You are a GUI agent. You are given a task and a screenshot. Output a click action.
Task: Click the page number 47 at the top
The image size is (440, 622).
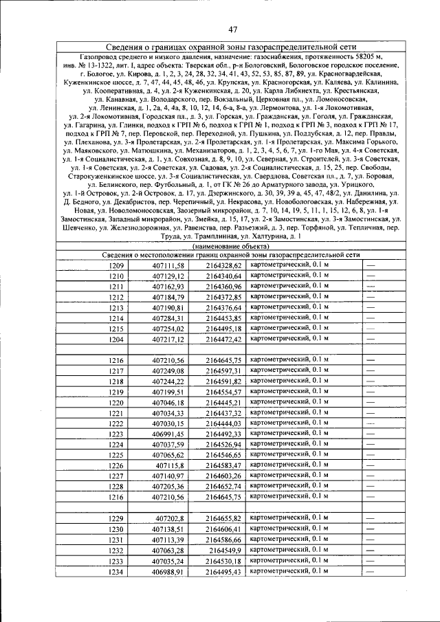tap(233, 28)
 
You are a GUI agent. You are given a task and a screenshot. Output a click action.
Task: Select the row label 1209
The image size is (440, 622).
tap(116, 265)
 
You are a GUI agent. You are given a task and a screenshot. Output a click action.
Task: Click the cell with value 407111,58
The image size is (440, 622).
tap(168, 265)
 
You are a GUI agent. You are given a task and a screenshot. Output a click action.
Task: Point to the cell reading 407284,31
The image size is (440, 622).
tap(168, 319)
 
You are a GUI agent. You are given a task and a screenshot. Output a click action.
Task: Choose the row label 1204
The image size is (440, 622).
tap(116, 340)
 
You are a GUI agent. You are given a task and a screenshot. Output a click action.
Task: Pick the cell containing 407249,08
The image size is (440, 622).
tap(168, 371)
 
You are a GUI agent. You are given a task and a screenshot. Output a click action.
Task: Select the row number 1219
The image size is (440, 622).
tap(116, 392)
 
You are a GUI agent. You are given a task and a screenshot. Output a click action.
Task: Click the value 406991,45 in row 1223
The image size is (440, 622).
tap(168, 434)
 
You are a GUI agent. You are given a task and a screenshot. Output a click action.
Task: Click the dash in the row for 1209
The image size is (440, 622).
tap(371, 265)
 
